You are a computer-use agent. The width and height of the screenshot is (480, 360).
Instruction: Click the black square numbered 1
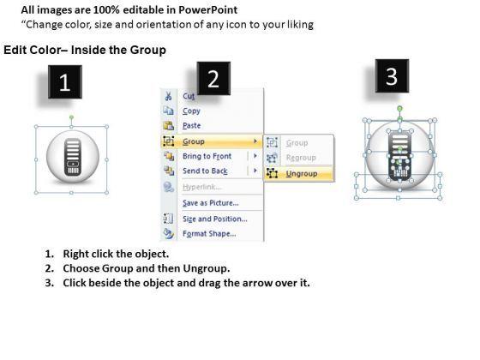(x=65, y=81)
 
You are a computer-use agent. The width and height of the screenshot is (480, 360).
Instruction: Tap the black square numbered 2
(x=213, y=78)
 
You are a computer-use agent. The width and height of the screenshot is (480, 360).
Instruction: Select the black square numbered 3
(x=392, y=76)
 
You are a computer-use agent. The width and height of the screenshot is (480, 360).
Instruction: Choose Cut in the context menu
(x=189, y=96)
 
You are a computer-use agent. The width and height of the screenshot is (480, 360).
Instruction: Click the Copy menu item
(x=191, y=111)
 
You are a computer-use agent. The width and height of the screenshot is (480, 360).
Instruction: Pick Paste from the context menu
(x=192, y=125)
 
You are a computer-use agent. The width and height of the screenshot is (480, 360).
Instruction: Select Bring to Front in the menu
(x=207, y=156)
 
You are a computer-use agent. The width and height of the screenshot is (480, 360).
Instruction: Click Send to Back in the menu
(x=205, y=171)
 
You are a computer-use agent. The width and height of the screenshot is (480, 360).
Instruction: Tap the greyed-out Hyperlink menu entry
(x=201, y=187)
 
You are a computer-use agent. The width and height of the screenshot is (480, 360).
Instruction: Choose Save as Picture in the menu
(x=211, y=202)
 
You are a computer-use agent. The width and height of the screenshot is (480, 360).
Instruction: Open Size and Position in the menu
(x=215, y=219)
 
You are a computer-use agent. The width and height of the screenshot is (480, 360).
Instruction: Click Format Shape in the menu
(x=209, y=233)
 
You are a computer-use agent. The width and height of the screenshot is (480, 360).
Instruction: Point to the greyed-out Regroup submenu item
(x=301, y=158)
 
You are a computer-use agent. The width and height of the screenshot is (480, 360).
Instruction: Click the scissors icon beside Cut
(x=168, y=96)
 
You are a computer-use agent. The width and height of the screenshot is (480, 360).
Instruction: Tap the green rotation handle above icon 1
(x=71, y=117)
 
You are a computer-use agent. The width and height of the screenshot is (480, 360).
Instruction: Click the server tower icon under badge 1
(x=73, y=157)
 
